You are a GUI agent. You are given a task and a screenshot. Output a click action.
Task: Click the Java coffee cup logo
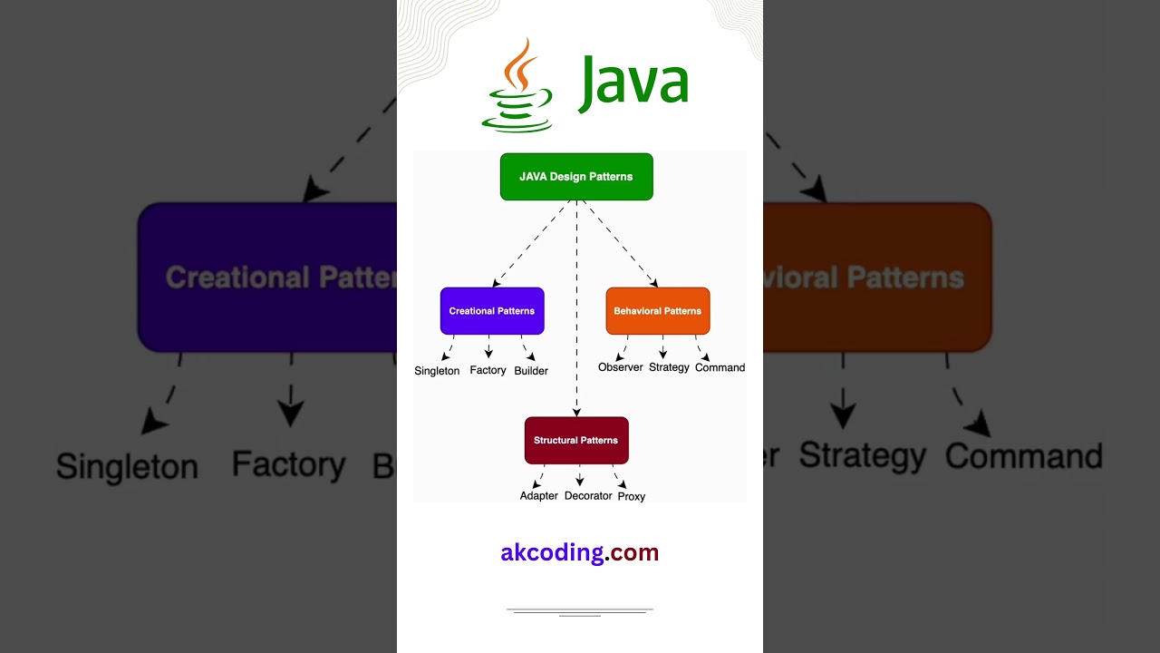point(517,85)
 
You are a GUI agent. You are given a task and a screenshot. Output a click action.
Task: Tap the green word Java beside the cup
point(633,83)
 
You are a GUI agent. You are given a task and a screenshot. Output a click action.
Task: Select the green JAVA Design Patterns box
point(576,177)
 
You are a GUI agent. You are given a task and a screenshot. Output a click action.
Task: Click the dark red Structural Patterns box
point(576,441)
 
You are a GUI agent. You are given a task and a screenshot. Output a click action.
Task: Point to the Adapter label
point(538,496)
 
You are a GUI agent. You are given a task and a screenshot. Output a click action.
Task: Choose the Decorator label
point(588,496)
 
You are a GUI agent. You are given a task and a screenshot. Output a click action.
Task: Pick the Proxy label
point(632,497)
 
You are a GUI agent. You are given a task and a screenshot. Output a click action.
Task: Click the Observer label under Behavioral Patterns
point(621,367)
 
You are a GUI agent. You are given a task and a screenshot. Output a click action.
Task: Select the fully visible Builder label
point(531,371)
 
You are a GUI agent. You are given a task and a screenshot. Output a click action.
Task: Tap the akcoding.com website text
point(580,552)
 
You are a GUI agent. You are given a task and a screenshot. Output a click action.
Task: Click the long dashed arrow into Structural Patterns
point(576,308)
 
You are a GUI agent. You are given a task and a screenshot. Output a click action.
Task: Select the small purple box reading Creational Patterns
point(492,311)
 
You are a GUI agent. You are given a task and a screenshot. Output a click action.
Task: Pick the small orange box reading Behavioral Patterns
point(658,311)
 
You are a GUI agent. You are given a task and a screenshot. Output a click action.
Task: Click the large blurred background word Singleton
point(127,466)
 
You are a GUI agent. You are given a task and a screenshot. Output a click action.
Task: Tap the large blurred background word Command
point(1023,455)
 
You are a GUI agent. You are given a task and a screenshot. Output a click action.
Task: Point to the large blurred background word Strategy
point(862,455)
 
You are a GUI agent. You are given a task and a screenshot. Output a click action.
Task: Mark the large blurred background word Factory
point(288,464)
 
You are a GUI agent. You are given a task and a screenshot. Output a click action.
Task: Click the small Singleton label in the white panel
point(437,371)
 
